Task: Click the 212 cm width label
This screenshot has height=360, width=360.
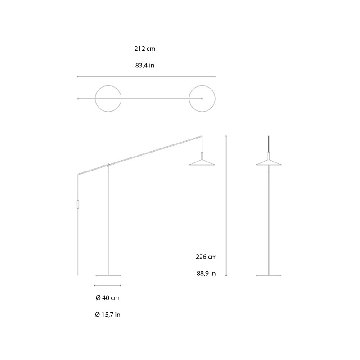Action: (145, 49)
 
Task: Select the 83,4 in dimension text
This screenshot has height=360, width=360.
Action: (145, 66)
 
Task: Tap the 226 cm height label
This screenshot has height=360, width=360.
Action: (206, 257)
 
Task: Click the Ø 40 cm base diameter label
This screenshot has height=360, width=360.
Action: (108, 298)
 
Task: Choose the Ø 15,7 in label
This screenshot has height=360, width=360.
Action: (108, 315)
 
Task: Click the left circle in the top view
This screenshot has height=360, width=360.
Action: (108, 99)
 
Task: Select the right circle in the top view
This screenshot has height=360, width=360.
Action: (202, 99)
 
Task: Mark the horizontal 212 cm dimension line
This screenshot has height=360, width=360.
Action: (146, 77)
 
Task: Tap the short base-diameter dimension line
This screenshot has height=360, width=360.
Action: (108, 285)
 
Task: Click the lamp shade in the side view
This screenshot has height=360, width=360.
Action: (202, 162)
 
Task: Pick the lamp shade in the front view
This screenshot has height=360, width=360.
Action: (269, 162)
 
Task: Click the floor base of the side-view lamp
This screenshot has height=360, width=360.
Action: (108, 274)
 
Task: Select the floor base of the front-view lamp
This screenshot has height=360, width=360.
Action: (269, 274)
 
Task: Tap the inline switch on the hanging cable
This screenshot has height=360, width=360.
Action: (78, 204)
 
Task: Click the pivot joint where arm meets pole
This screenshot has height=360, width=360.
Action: (108, 165)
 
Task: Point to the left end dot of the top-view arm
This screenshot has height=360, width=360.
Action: (78, 99)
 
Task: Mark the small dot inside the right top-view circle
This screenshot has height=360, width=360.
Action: (202, 99)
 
